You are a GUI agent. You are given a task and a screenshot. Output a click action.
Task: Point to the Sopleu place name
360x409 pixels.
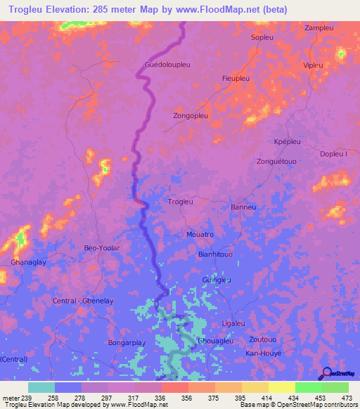click(263, 37)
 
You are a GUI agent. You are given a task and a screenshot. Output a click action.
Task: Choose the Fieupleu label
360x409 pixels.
click(236, 79)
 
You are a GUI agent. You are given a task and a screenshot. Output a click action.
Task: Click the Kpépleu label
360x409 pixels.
click(287, 141)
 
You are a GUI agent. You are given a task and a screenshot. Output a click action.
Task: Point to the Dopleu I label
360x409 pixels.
click(333, 154)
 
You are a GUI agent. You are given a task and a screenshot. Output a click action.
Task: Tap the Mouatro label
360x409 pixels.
click(200, 233)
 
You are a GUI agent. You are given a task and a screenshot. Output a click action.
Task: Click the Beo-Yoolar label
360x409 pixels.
click(102, 248)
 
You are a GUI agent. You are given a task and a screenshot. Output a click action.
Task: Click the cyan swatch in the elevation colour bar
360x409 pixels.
click(41, 387)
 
